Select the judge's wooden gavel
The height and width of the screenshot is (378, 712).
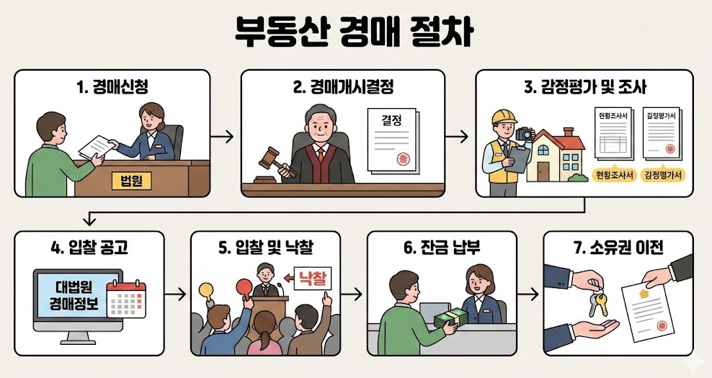pos(272,160)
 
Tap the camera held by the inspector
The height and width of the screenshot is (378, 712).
pos(525,133)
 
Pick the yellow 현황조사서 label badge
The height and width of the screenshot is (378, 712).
pos(613,175)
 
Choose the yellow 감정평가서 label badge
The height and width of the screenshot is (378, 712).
pos(663,175)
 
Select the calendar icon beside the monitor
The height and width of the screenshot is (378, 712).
pos(126,294)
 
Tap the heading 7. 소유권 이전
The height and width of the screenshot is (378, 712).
pos(618,249)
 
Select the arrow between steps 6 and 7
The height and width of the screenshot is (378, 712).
pos(529,294)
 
